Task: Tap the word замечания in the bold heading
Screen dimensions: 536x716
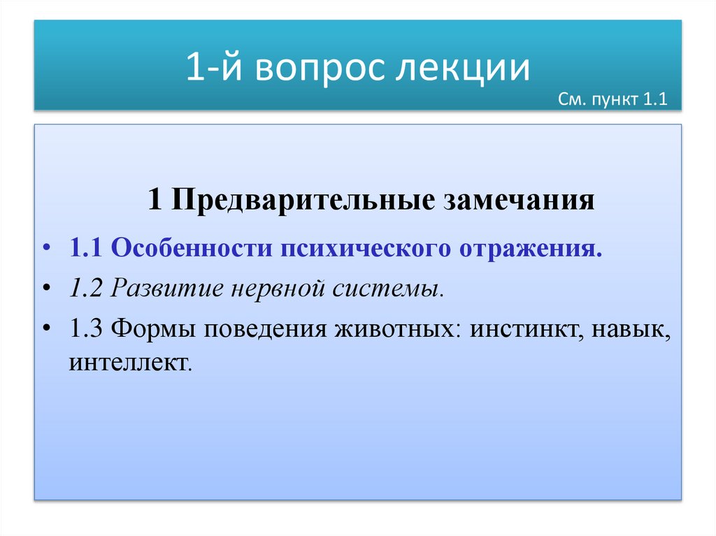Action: [520, 201]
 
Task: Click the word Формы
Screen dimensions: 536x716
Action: [153, 328]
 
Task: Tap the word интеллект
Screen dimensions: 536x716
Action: [129, 363]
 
